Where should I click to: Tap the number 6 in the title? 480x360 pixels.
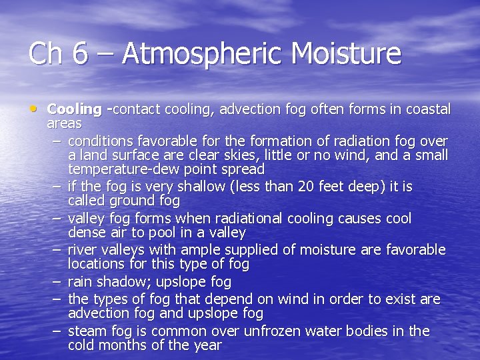click(80, 53)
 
